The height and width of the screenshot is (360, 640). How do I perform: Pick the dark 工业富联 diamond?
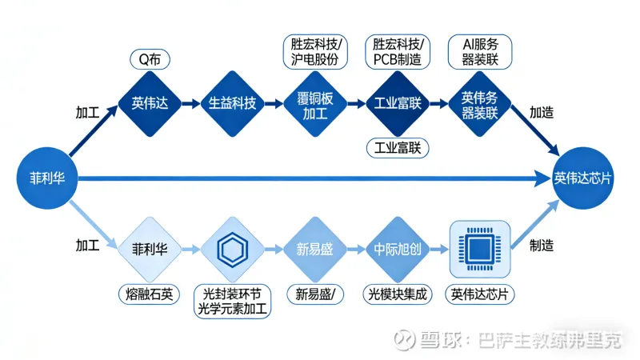pos(398,104)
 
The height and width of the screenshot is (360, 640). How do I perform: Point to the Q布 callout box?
pos(150,58)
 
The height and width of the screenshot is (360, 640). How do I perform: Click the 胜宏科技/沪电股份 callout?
pos(316,50)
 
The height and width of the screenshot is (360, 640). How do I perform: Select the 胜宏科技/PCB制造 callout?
pos(398,50)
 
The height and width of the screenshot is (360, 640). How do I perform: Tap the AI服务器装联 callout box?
pos(478,50)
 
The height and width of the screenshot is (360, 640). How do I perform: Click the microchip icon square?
pos(479,249)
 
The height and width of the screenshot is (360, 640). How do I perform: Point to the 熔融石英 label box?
pos(150,294)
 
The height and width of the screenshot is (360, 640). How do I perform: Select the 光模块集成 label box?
pos(398,294)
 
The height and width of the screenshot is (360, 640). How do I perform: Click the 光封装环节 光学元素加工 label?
pos(233,302)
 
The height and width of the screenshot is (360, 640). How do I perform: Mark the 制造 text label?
pos(541,246)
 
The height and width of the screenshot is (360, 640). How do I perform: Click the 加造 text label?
pos(542,113)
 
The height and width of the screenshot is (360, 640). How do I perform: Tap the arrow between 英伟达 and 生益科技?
pos(190,104)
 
